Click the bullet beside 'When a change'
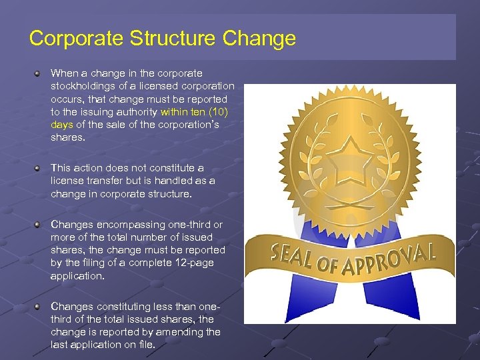click(39, 73)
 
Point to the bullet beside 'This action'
click(39, 168)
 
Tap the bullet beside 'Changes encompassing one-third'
click(39, 225)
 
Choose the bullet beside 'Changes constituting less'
click(39, 307)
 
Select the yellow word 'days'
click(62, 124)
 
